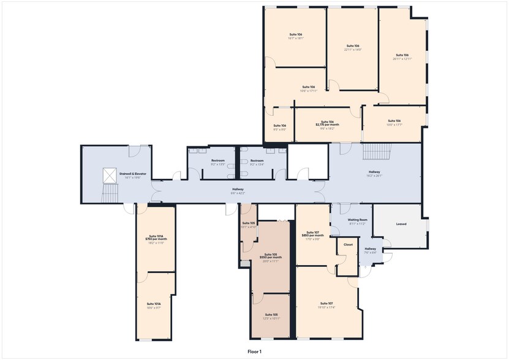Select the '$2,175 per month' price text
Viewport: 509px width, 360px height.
coord(327,125)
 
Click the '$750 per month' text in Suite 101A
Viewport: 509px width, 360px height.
coord(154,239)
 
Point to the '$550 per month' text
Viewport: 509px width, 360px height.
coord(270,258)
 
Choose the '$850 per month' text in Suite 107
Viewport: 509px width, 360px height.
coord(313,236)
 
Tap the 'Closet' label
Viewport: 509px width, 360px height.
coord(348,244)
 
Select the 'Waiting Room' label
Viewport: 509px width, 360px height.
coord(357,220)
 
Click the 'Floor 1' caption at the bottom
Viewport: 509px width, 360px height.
coord(254,351)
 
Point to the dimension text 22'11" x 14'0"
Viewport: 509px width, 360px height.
coord(353,50)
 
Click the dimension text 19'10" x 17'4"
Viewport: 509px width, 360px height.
coord(326,307)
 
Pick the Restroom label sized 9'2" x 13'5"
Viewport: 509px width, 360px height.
coord(217,164)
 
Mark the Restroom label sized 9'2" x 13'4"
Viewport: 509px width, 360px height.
coord(257,164)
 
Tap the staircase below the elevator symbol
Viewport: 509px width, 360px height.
coord(110,195)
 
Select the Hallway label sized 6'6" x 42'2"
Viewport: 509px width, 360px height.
coord(238,193)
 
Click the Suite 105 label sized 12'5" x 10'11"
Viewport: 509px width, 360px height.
coord(271,318)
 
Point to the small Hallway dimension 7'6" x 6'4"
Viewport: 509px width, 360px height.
coord(370,252)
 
